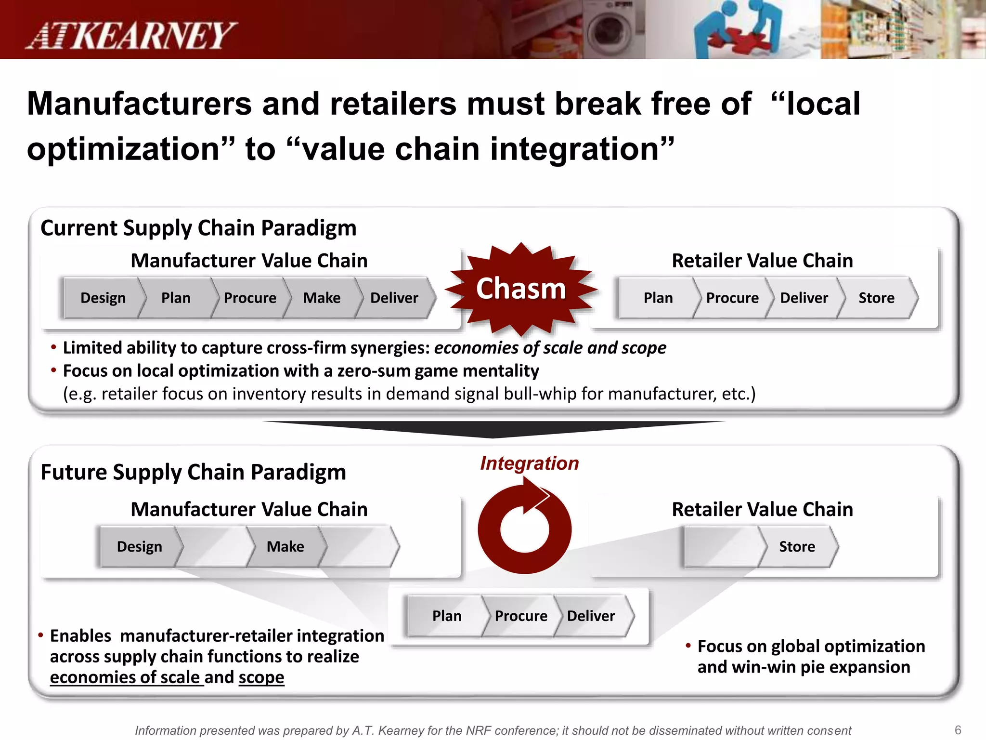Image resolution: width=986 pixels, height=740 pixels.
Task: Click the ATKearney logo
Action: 131,36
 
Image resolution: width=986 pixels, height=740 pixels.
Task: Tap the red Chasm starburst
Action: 521,289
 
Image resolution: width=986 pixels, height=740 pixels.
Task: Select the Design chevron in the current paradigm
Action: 103,298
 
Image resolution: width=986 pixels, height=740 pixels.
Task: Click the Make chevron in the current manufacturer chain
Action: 322,298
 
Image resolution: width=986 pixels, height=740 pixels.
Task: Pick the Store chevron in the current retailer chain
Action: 876,298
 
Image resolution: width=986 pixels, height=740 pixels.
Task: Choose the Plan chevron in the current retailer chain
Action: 658,298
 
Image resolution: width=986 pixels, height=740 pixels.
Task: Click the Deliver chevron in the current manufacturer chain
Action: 394,298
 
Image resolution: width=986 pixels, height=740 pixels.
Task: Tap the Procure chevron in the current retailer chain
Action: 732,298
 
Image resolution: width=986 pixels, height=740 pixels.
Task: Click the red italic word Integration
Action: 529,463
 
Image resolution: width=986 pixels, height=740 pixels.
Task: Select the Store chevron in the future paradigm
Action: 797,547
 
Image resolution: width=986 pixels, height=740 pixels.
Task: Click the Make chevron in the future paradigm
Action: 285,547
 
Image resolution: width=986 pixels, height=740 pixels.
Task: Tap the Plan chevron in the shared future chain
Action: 446,616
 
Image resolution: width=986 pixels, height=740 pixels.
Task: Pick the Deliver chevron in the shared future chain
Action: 591,616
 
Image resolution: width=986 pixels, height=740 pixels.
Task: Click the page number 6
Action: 958,730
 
